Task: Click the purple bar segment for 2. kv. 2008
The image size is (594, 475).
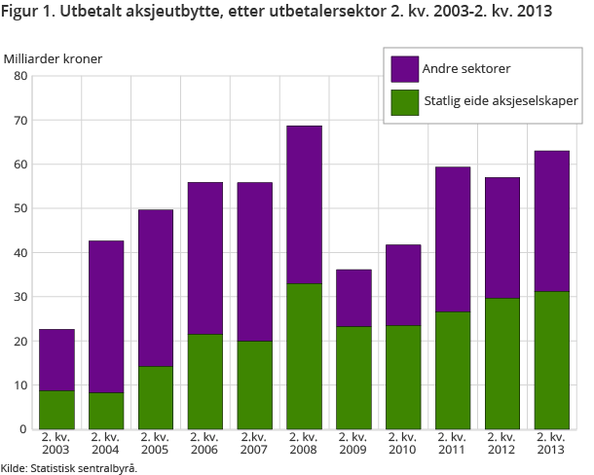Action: (304, 204)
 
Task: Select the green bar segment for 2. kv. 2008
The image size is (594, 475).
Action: (304, 356)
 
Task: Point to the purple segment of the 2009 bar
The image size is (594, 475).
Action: (353, 298)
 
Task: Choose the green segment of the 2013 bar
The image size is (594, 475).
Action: (551, 360)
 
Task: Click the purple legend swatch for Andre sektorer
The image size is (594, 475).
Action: (405, 69)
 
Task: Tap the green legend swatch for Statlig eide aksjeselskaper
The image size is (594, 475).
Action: (405, 101)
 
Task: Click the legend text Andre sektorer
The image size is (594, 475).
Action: (466, 69)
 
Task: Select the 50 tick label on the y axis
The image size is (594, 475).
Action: (21, 208)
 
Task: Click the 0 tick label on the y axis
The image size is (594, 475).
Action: (24, 428)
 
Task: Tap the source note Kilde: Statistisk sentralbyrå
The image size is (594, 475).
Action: (69, 468)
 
